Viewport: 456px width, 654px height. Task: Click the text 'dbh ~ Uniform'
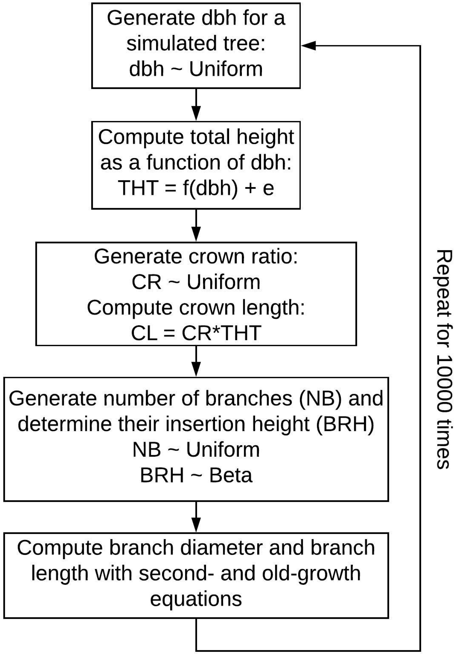(x=196, y=69)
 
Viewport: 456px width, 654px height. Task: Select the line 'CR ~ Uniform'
(x=196, y=282)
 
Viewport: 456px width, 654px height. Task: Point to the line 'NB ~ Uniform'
(x=196, y=450)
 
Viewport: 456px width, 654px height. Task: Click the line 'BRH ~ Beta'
(x=196, y=475)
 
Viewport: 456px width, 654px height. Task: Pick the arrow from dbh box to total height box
(x=196, y=105)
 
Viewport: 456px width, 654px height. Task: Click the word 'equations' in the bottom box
(x=196, y=599)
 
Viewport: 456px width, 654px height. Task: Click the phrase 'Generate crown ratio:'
(x=196, y=257)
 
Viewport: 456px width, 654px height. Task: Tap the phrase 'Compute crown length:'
(x=196, y=308)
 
